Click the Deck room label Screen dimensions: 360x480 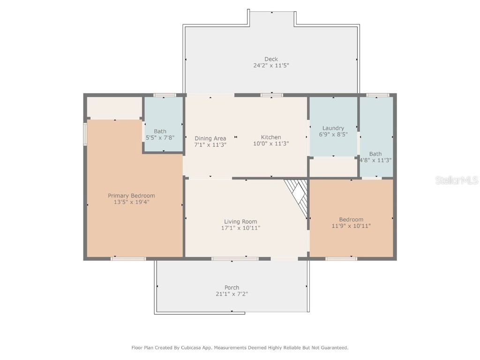pos(271,59)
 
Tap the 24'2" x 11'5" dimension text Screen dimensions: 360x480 pos(271,66)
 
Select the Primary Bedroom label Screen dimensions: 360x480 pos(131,195)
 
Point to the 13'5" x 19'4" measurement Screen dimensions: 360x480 pos(131,202)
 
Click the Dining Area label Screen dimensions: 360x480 pos(210,138)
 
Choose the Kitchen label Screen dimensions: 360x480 pos(271,137)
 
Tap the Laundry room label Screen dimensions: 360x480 pos(333,128)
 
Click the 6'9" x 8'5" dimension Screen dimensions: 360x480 pos(333,135)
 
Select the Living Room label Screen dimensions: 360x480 pos(240,222)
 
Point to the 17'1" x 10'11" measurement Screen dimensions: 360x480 pos(240,228)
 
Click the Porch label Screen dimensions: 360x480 pos(232,287)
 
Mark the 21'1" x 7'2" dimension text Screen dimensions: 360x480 pos(232,294)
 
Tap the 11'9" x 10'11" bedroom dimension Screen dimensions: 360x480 pos(351,226)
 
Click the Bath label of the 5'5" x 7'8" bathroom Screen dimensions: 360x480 pos(160,131)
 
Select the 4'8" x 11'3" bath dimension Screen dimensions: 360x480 pos(375,160)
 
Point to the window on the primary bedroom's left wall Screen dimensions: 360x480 pos(85,134)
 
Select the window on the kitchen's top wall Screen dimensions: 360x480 pos(272,95)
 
